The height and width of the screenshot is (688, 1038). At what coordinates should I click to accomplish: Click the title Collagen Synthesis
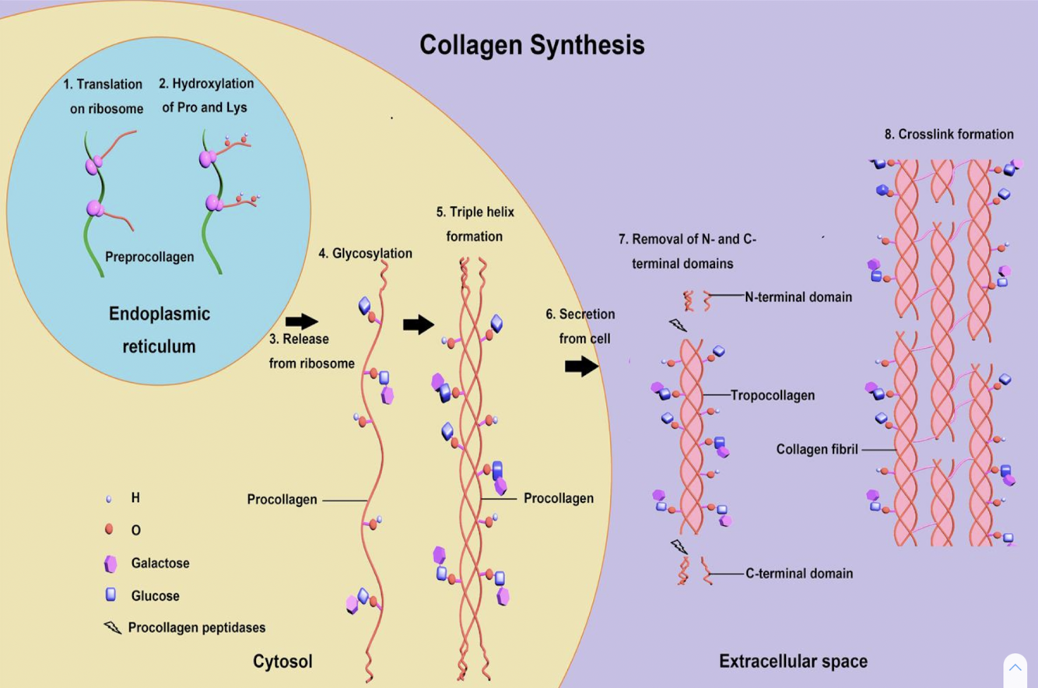[532, 45]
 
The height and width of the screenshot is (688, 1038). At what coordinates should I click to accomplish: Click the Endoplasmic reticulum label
[159, 330]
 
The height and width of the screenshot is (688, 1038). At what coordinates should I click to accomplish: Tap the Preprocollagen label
[149, 256]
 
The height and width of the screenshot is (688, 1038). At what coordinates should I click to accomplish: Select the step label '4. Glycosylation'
[365, 253]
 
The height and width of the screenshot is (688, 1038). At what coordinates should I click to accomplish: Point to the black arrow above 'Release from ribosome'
[302, 321]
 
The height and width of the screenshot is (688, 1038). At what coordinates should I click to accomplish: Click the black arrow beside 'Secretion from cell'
[582, 366]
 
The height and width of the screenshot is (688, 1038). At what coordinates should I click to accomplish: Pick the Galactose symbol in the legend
[110, 563]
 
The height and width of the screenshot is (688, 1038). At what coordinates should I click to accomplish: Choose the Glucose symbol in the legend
[110, 595]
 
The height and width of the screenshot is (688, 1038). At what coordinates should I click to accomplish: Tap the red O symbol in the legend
[109, 530]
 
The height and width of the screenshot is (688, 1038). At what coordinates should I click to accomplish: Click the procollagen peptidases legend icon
[113, 627]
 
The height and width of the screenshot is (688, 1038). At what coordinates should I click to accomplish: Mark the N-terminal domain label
[798, 297]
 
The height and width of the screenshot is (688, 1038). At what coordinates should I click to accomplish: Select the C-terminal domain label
[799, 574]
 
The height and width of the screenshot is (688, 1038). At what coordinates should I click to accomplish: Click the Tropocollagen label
[772, 395]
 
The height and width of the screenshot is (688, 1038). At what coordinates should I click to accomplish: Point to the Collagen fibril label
[817, 449]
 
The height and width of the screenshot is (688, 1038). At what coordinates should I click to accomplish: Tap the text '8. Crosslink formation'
[949, 134]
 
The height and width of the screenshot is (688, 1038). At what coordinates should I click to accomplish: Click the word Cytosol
[282, 662]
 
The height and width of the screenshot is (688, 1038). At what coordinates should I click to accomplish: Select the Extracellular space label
[793, 662]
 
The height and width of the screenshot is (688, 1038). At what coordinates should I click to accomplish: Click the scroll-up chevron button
[1015, 668]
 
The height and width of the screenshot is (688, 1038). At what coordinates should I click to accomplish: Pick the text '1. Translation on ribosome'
[106, 96]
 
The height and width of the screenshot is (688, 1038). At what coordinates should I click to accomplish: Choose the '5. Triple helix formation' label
[475, 223]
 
